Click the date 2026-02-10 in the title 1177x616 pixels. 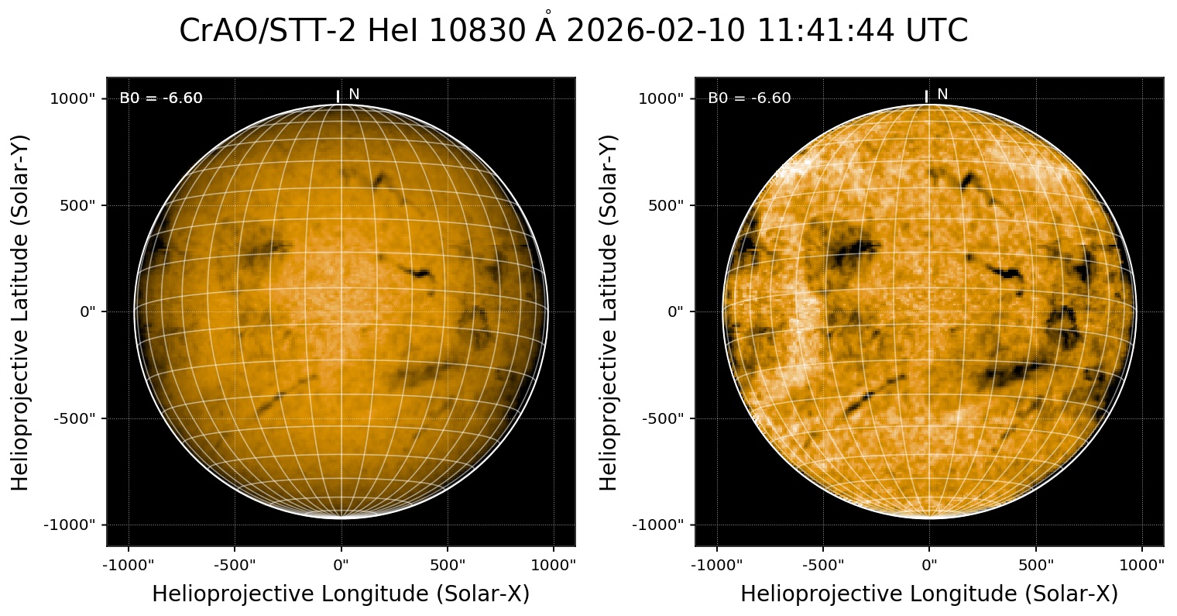pyautogui.click(x=655, y=32)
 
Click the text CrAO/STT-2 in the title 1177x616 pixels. pyautogui.click(x=268, y=32)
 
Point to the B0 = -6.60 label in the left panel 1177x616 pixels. pyautogui.click(x=161, y=98)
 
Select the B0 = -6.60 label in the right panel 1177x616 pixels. pyautogui.click(x=750, y=98)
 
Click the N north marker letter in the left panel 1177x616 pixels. pyautogui.click(x=354, y=95)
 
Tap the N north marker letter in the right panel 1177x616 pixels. pyautogui.click(x=942, y=95)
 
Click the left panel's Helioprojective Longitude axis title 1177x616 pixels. pyautogui.click(x=341, y=594)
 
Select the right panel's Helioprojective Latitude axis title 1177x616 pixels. pyautogui.click(x=609, y=312)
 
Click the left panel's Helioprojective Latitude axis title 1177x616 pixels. pyautogui.click(x=21, y=312)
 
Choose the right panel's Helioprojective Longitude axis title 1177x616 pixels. pyautogui.click(x=929, y=594)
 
